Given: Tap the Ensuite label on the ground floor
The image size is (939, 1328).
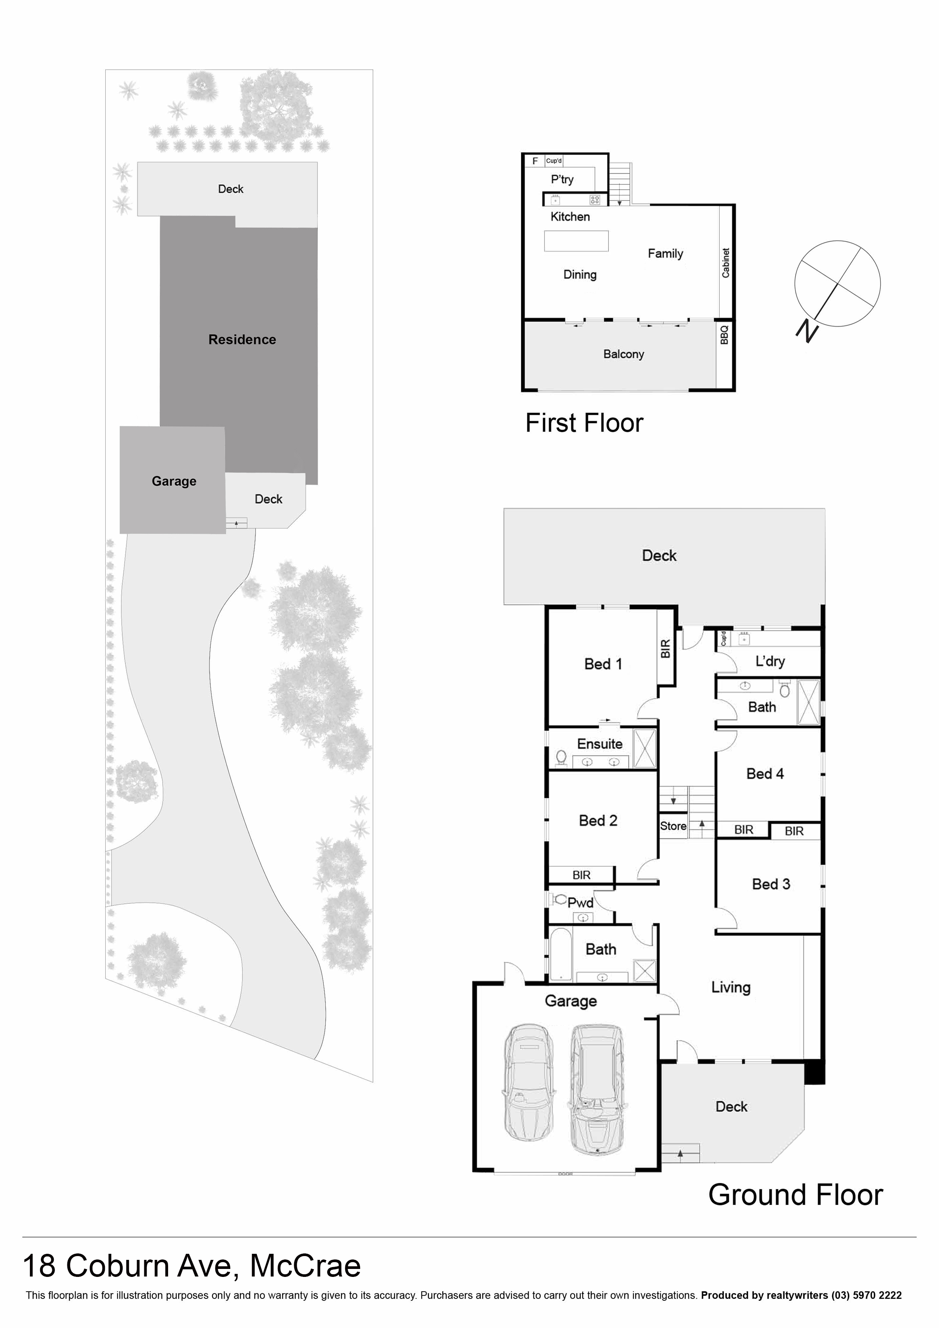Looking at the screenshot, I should [599, 744].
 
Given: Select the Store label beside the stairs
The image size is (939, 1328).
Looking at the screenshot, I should [673, 826].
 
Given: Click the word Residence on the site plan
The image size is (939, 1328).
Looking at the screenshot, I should [242, 340].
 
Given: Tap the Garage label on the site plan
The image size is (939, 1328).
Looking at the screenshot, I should [173, 481].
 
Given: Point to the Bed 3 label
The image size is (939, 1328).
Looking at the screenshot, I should [771, 884].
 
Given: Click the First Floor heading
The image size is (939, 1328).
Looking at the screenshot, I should [584, 423].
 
